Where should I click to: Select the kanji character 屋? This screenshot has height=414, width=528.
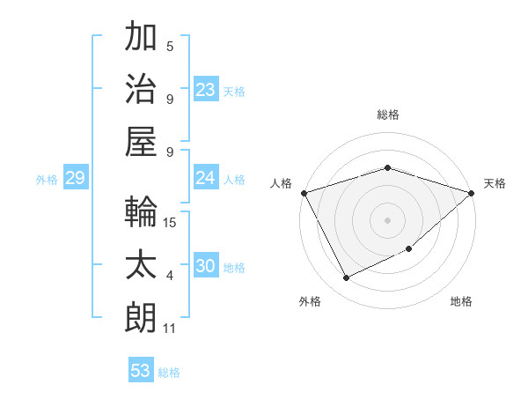click(141, 142)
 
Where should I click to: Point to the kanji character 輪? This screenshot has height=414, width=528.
click(141, 212)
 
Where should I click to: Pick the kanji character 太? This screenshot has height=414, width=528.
click(141, 265)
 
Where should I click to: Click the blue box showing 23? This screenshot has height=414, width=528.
click(206, 90)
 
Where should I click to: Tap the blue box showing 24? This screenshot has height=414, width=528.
click(206, 179)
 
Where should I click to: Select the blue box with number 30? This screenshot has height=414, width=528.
click(206, 267)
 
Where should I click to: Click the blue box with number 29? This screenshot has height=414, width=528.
click(75, 179)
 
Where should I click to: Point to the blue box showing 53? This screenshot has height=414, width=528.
click(141, 371)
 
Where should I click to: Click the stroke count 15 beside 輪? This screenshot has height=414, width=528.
click(171, 222)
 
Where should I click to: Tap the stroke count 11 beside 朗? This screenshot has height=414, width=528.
click(170, 329)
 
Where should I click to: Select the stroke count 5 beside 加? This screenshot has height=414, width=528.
click(170, 46)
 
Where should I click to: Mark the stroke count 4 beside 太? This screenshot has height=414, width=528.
click(170, 276)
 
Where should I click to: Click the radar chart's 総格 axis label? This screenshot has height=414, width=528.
click(387, 115)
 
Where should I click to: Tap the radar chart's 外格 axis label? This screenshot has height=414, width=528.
click(310, 301)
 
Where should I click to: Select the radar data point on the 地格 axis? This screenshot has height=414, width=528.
click(410, 249)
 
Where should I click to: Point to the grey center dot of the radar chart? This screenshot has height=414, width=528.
click(387, 219)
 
